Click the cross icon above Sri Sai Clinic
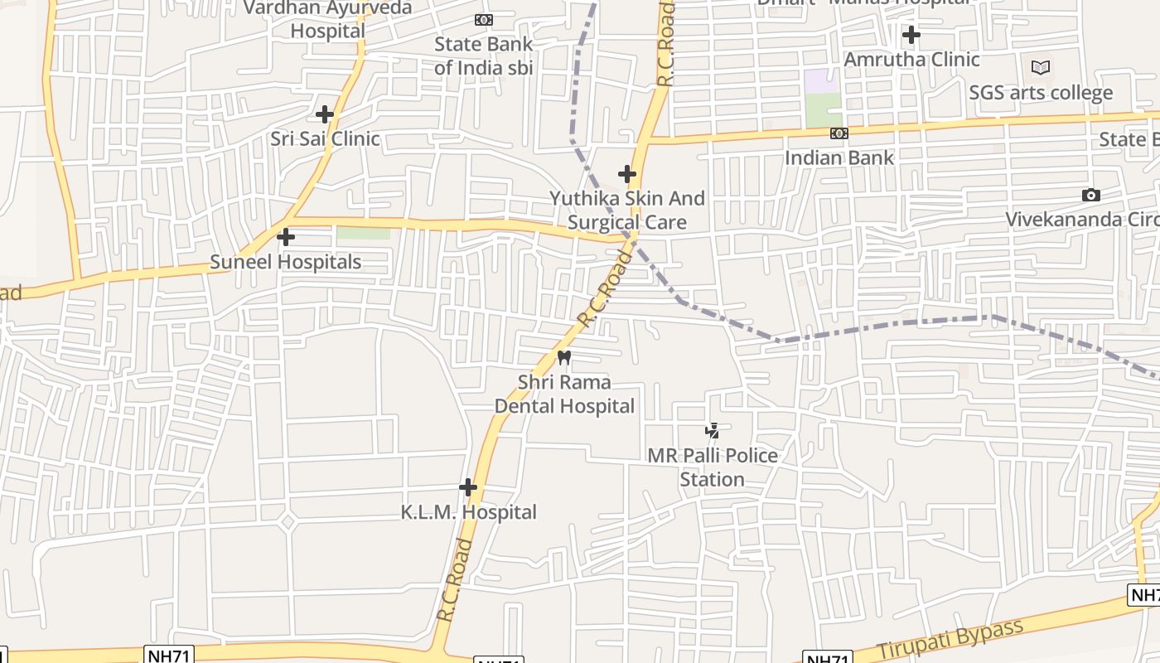(325, 114)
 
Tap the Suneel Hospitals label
(285, 262)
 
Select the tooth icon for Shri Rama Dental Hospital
(564, 357)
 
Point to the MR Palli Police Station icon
(712, 430)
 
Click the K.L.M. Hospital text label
(469, 512)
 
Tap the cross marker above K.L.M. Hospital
(468, 487)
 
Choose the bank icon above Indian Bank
(839, 133)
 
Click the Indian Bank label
(839, 157)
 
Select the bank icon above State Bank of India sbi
(483, 20)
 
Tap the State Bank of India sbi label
(484, 56)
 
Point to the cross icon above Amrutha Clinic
(911, 35)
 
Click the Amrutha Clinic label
(911, 60)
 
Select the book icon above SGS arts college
(1041, 67)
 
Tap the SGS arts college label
(1041, 92)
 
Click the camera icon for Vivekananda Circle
(1091, 195)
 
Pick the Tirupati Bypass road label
(950, 640)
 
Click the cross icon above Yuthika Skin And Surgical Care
(627, 174)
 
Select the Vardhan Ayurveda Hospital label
(328, 19)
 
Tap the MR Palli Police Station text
(713, 467)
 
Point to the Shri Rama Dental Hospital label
(564, 394)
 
